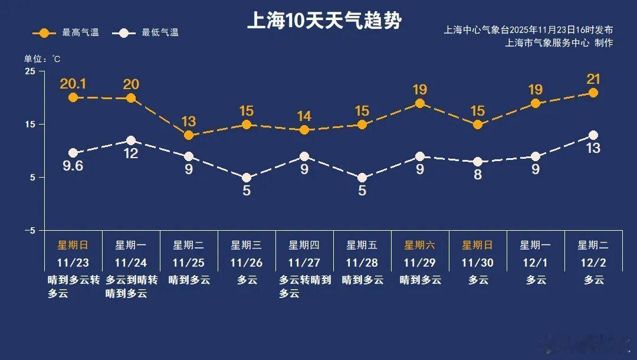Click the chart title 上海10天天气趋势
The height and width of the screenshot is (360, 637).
(x=324, y=21)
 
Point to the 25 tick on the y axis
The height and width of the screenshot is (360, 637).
(x=29, y=71)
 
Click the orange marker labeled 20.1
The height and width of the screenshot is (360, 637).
(x=73, y=97)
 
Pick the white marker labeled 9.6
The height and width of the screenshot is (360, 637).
(x=73, y=153)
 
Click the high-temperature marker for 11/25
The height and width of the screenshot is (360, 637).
(x=189, y=135)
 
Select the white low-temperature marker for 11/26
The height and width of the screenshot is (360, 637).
(x=247, y=178)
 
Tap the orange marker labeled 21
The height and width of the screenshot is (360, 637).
(x=593, y=93)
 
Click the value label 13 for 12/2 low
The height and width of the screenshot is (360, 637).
(x=593, y=148)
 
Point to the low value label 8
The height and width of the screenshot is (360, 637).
(x=478, y=175)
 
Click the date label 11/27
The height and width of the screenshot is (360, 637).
(x=304, y=263)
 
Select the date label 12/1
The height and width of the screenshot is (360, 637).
(x=536, y=263)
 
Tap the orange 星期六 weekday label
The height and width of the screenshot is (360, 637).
(x=420, y=245)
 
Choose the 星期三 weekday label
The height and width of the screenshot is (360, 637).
(x=247, y=245)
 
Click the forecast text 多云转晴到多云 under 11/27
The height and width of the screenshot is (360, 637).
(x=304, y=286)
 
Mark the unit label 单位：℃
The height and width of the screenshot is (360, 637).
(x=42, y=59)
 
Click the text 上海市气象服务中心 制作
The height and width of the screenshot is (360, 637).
(x=559, y=42)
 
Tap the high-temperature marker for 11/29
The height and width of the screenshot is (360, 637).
(x=420, y=103)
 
